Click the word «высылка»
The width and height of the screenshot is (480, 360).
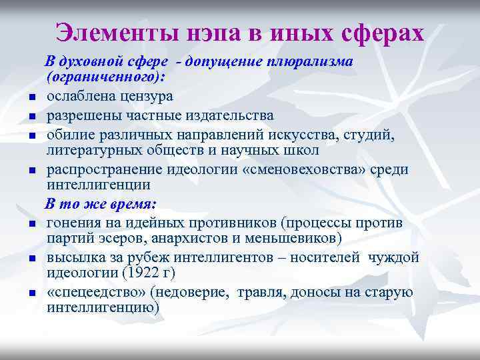click(x=73, y=257)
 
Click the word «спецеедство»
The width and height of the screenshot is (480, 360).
click(x=97, y=292)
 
